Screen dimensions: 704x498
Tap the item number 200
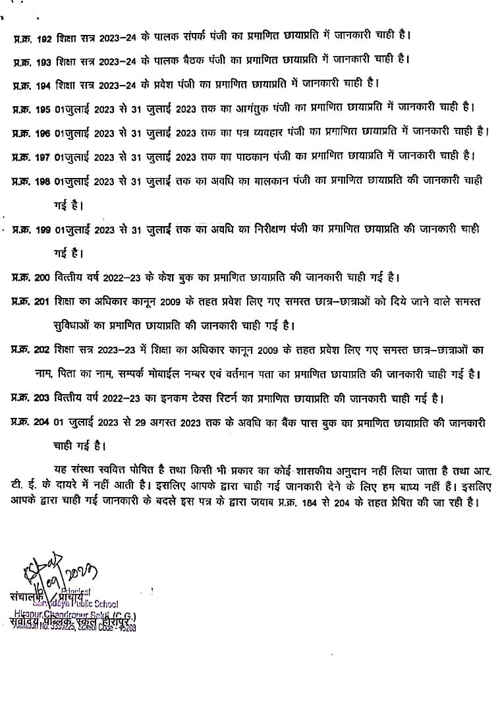[41, 276]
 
